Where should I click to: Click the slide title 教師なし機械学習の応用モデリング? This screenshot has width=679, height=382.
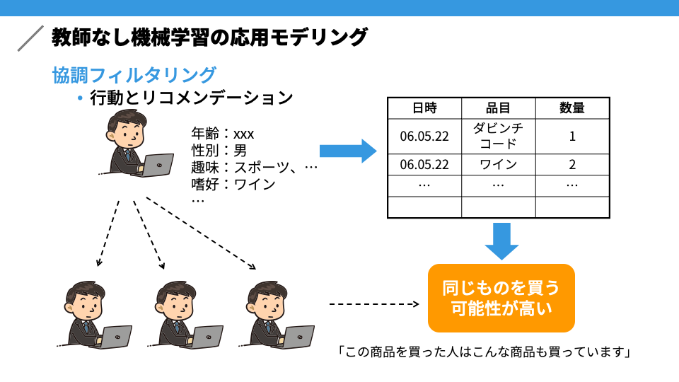pyautogui.click(x=209, y=37)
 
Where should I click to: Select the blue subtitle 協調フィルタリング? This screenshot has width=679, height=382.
pyautogui.click(x=134, y=75)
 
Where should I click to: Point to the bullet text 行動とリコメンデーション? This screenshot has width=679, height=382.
pyautogui.click(x=192, y=98)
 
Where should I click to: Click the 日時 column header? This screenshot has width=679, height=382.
pyautogui.click(x=424, y=108)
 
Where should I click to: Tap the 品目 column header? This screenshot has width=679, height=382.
pyautogui.click(x=498, y=108)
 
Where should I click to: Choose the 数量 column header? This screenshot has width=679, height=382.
pyautogui.click(x=572, y=108)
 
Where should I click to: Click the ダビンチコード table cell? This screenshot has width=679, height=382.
pyautogui.click(x=498, y=136)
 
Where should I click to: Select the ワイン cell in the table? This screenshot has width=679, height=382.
pyautogui.click(x=498, y=165)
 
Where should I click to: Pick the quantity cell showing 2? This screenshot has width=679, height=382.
pyautogui.click(x=572, y=165)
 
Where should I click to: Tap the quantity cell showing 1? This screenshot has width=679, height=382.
pyautogui.click(x=572, y=136)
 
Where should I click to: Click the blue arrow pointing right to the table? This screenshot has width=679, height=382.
pyautogui.click(x=348, y=151)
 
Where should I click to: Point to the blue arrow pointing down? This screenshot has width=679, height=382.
pyautogui.click(x=501, y=241)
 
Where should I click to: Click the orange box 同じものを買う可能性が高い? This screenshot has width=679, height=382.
pyautogui.click(x=501, y=298)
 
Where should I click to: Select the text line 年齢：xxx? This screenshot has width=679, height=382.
pyautogui.click(x=223, y=134)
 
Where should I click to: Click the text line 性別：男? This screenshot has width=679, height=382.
pyautogui.click(x=219, y=150)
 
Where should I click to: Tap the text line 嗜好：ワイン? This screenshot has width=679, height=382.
pyautogui.click(x=233, y=184)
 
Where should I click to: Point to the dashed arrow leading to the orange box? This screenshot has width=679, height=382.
pyautogui.click(x=374, y=304)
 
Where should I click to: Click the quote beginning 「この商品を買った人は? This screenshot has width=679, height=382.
pyautogui.click(x=484, y=352)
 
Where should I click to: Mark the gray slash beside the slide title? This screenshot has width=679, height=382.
pyautogui.click(x=30, y=38)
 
